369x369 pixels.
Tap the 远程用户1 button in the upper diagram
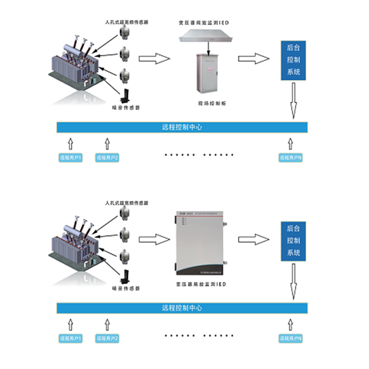[x=70, y=158]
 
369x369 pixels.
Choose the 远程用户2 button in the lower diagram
[x=108, y=339]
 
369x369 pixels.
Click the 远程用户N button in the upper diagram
[x=290, y=158]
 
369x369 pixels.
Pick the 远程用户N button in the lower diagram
[x=290, y=339]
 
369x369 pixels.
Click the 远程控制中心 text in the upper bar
[x=182, y=127]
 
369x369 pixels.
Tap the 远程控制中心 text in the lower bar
[x=182, y=308]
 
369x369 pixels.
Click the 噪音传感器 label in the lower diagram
[x=125, y=289]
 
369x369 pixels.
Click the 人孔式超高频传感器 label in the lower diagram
[x=127, y=203]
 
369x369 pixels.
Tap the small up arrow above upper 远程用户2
[x=107, y=143]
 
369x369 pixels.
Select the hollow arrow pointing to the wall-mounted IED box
[x=154, y=239]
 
